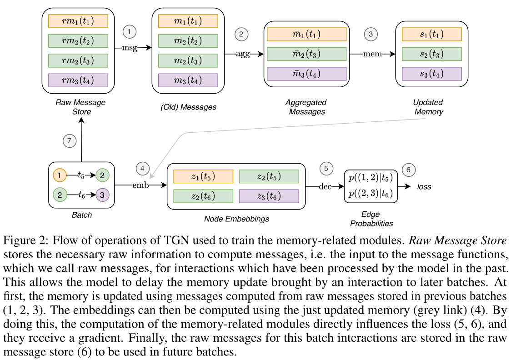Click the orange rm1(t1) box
tap(78, 21)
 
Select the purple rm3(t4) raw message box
tap(78, 80)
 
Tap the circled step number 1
tap(130, 32)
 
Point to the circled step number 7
tap(69, 141)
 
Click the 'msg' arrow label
tap(130, 47)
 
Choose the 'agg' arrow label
tap(243, 54)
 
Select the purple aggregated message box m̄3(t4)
tap(306, 74)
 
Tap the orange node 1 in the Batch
tap(60, 175)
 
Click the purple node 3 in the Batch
tap(102, 195)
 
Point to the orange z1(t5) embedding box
tap(203, 176)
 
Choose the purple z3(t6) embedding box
tap(269, 196)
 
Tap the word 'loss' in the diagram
tap(424, 186)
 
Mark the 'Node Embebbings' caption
tap(236, 219)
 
